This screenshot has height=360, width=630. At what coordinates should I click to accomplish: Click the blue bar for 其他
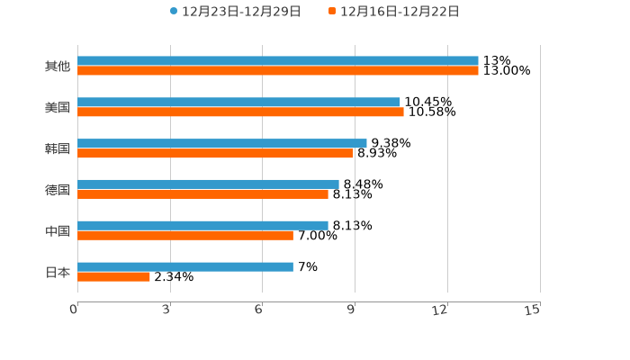(278, 61)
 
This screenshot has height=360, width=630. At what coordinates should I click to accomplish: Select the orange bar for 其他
(278, 71)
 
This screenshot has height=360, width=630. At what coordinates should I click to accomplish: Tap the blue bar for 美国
(238, 103)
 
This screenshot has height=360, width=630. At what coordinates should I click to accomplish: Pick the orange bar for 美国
(240, 112)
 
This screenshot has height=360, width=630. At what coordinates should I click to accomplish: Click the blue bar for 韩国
(222, 143)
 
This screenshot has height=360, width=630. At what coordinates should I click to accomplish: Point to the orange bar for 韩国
(215, 154)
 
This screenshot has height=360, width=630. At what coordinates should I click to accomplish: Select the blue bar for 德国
(208, 184)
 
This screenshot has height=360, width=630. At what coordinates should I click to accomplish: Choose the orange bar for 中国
(185, 236)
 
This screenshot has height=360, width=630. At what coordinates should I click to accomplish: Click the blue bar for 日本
(185, 266)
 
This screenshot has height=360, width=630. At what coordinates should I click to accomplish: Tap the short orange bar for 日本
(113, 277)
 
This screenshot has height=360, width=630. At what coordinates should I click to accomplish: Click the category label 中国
(58, 231)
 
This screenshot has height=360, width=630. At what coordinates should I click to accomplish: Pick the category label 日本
(58, 272)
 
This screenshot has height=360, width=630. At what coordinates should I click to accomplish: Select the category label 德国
(58, 190)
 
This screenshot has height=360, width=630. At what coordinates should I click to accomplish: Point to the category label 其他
(58, 67)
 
